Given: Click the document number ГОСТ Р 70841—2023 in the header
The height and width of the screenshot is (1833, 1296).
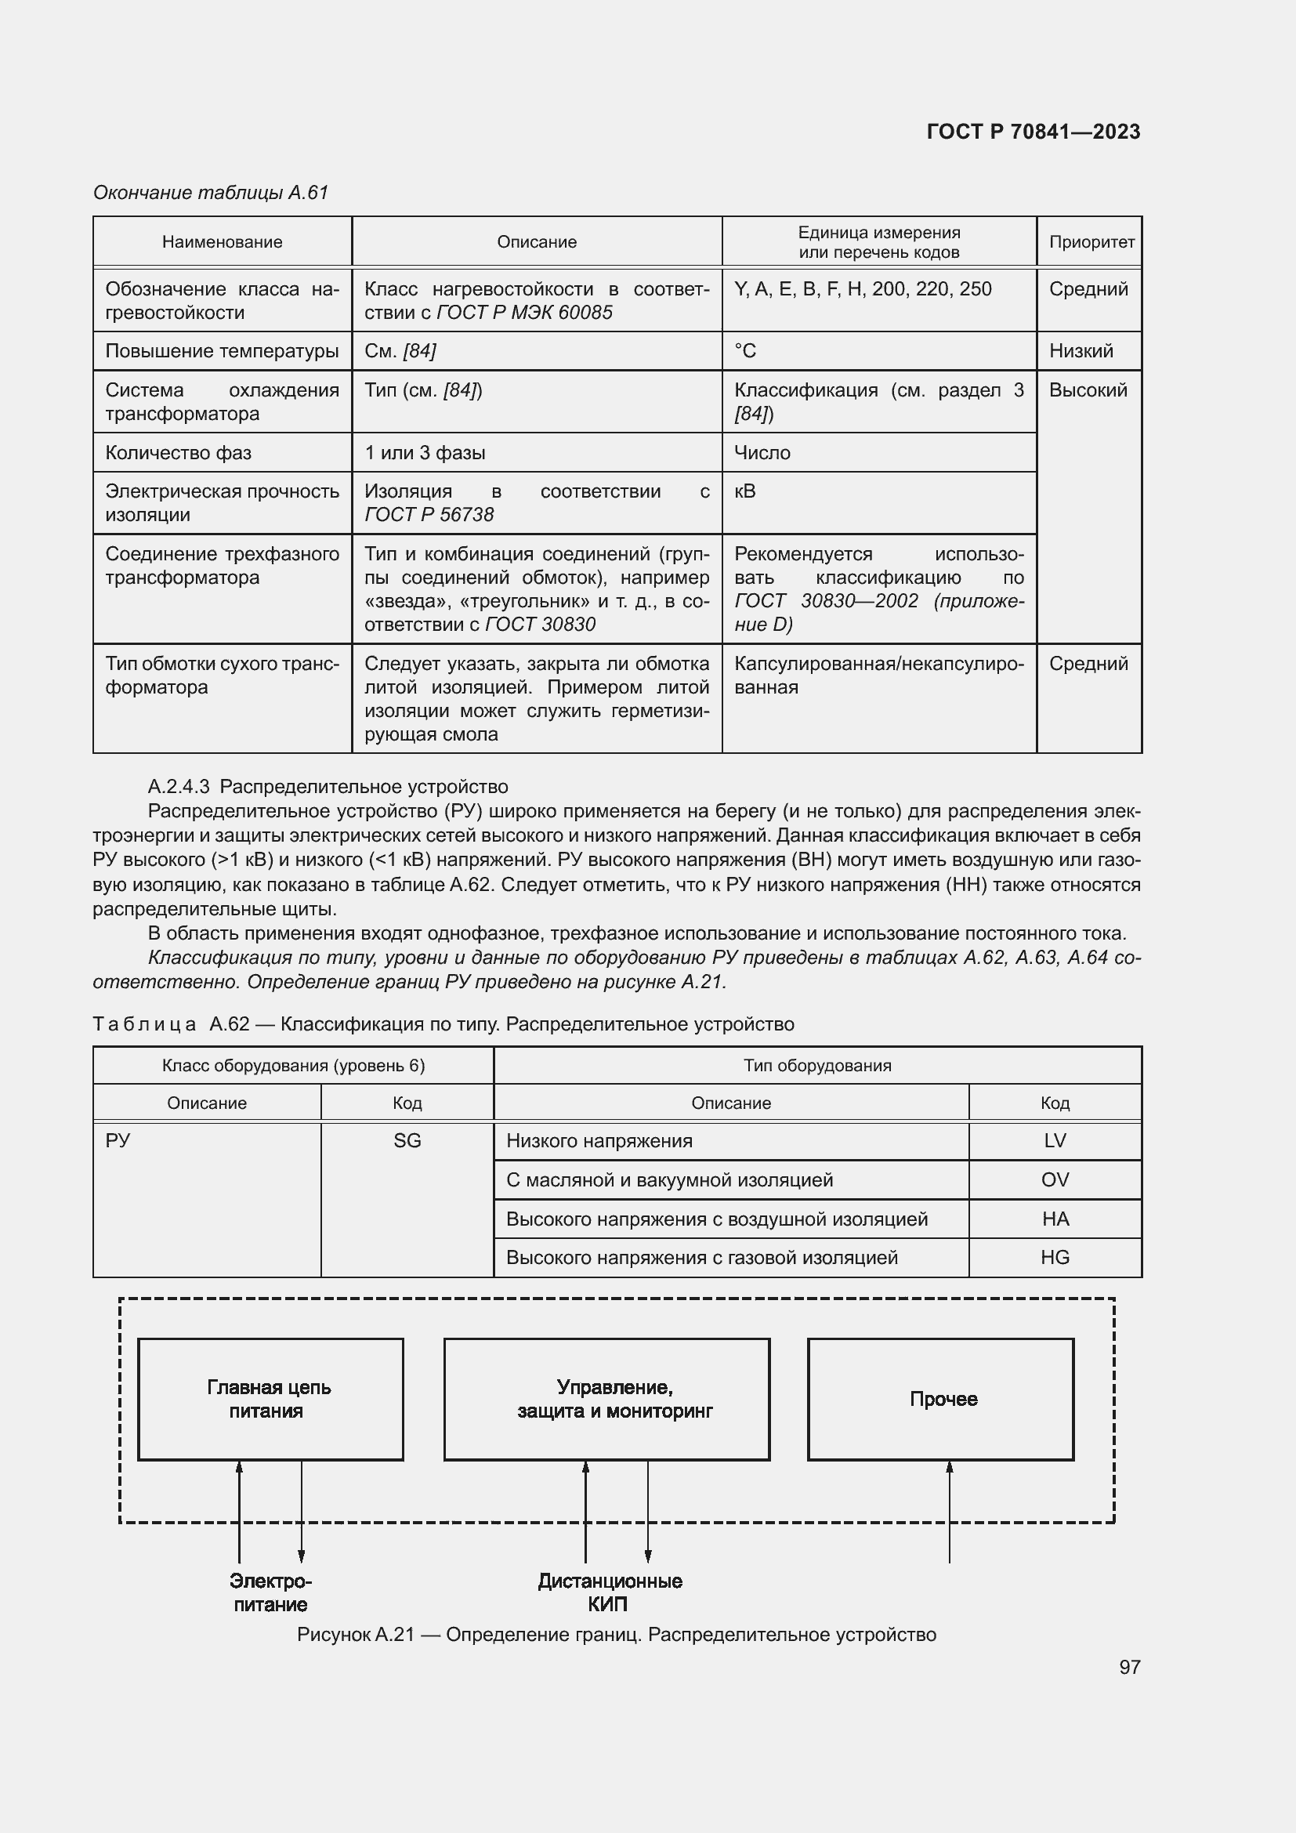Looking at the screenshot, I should coord(1033,132).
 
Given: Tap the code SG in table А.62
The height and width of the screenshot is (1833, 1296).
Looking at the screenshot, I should coord(407,1141).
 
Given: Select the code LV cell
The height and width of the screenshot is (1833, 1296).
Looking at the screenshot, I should coord(1054,1141).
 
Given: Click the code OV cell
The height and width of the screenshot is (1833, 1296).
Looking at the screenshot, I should coord(1054,1180).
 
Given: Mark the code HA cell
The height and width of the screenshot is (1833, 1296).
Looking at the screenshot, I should coord(1054,1219).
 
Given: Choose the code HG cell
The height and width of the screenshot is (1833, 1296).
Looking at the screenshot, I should coord(1054,1257).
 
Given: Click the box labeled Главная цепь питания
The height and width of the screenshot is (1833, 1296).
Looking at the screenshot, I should coord(270,1399).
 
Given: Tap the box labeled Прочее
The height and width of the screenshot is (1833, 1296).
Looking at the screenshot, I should coord(940,1399).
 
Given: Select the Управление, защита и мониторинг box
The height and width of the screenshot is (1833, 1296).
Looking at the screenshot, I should coord(606,1399).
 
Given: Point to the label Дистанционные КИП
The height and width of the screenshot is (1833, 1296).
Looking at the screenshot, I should coord(610,1592).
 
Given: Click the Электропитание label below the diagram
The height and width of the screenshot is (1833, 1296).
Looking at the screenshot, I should coord(270,1592).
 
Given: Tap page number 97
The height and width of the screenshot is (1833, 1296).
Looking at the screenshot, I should coord(1129,1667).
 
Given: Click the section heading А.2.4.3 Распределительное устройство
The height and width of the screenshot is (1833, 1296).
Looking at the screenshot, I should coord(328,787).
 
